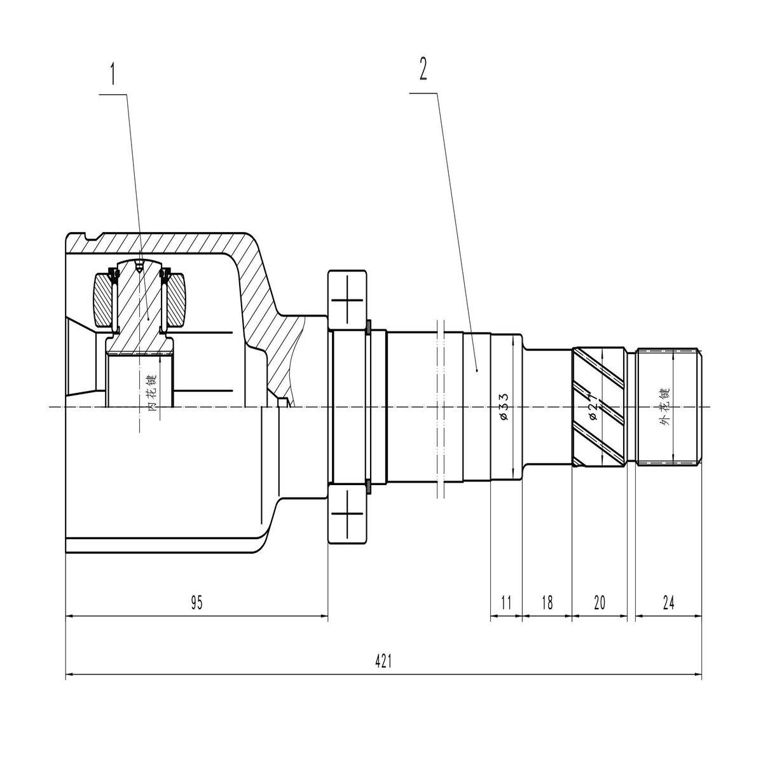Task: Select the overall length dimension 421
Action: tap(382, 661)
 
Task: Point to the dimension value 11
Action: tap(506, 603)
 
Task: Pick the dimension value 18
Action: tap(547, 603)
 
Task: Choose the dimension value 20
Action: tap(600, 603)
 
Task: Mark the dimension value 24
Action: tap(668, 603)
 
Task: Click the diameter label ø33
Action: tap(503, 406)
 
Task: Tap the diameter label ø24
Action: tap(593, 406)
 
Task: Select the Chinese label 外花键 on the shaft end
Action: tap(666, 407)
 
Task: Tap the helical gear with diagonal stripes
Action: tap(600, 407)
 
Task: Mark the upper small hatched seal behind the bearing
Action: tap(368, 328)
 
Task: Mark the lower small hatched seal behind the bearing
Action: tap(368, 487)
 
